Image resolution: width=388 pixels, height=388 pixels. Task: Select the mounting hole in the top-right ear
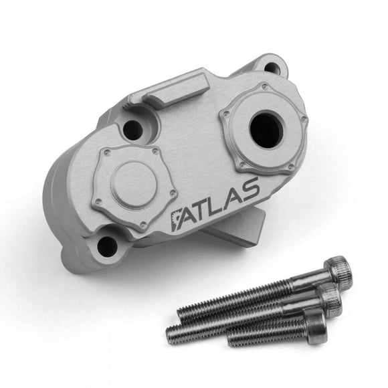[x=271, y=68]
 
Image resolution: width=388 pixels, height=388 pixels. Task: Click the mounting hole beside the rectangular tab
[x=133, y=128]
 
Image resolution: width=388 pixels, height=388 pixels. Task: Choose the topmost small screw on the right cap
[x=266, y=86]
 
